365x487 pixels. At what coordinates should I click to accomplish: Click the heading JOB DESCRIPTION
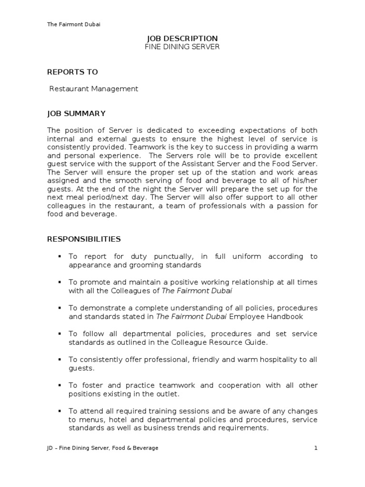182,38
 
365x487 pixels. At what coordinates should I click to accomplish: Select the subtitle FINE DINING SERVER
182,47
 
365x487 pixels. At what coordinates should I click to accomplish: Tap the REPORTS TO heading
72,72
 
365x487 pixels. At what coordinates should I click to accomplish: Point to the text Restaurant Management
94,88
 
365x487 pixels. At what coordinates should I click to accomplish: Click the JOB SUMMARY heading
76,113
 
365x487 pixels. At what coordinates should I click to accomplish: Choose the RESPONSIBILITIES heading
84,239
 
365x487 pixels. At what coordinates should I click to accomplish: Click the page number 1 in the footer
315,448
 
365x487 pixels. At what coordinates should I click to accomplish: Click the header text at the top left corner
73,24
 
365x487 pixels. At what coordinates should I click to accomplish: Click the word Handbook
287,316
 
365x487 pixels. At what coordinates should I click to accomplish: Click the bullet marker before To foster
60,385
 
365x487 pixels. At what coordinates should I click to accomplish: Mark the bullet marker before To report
60,256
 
